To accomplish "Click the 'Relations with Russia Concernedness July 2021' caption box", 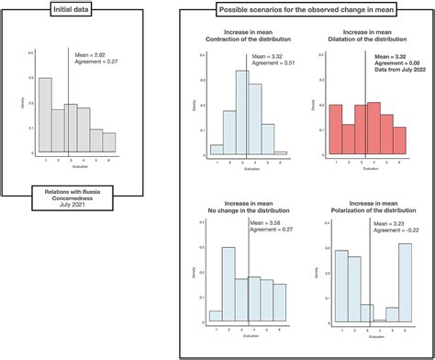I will tap(72, 198).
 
